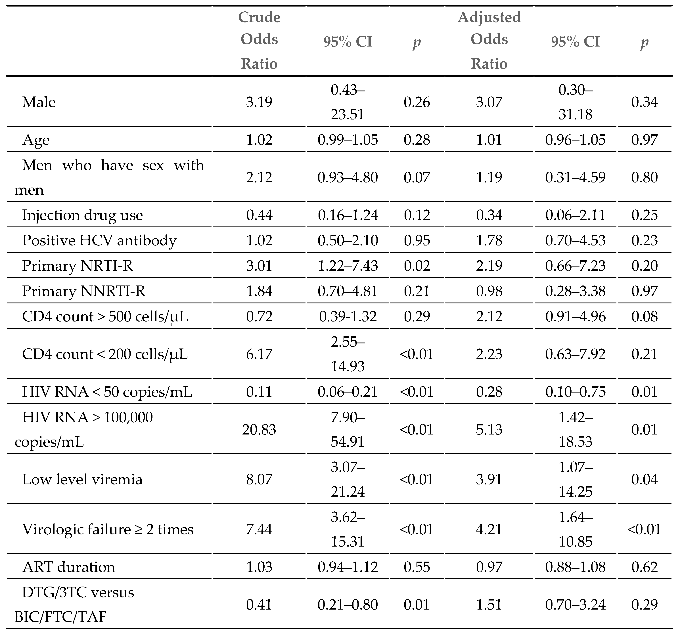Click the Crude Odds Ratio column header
[259, 40]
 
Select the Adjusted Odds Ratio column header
[489, 40]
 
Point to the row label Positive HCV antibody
[99, 240]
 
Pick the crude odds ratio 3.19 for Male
[259, 102]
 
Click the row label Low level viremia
[82, 479]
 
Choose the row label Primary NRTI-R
[78, 266]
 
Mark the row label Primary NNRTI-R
[83, 291]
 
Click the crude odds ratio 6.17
[259, 354]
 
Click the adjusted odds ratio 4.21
[489, 529]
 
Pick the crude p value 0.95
[417, 240]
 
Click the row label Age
[36, 140]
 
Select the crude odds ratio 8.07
[259, 479]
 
